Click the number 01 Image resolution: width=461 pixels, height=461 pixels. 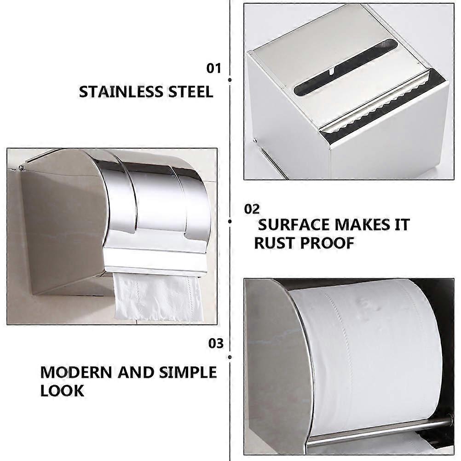click(213, 69)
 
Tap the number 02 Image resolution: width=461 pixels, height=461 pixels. click(252, 209)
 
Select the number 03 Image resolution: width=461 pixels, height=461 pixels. click(216, 344)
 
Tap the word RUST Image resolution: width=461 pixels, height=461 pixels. click(275, 242)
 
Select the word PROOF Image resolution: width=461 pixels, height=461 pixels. click(328, 242)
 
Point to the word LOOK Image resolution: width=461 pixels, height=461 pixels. click(62, 391)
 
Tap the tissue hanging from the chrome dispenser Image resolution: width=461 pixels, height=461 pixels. click(158, 297)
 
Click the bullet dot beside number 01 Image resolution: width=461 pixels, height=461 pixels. click(230, 80)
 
